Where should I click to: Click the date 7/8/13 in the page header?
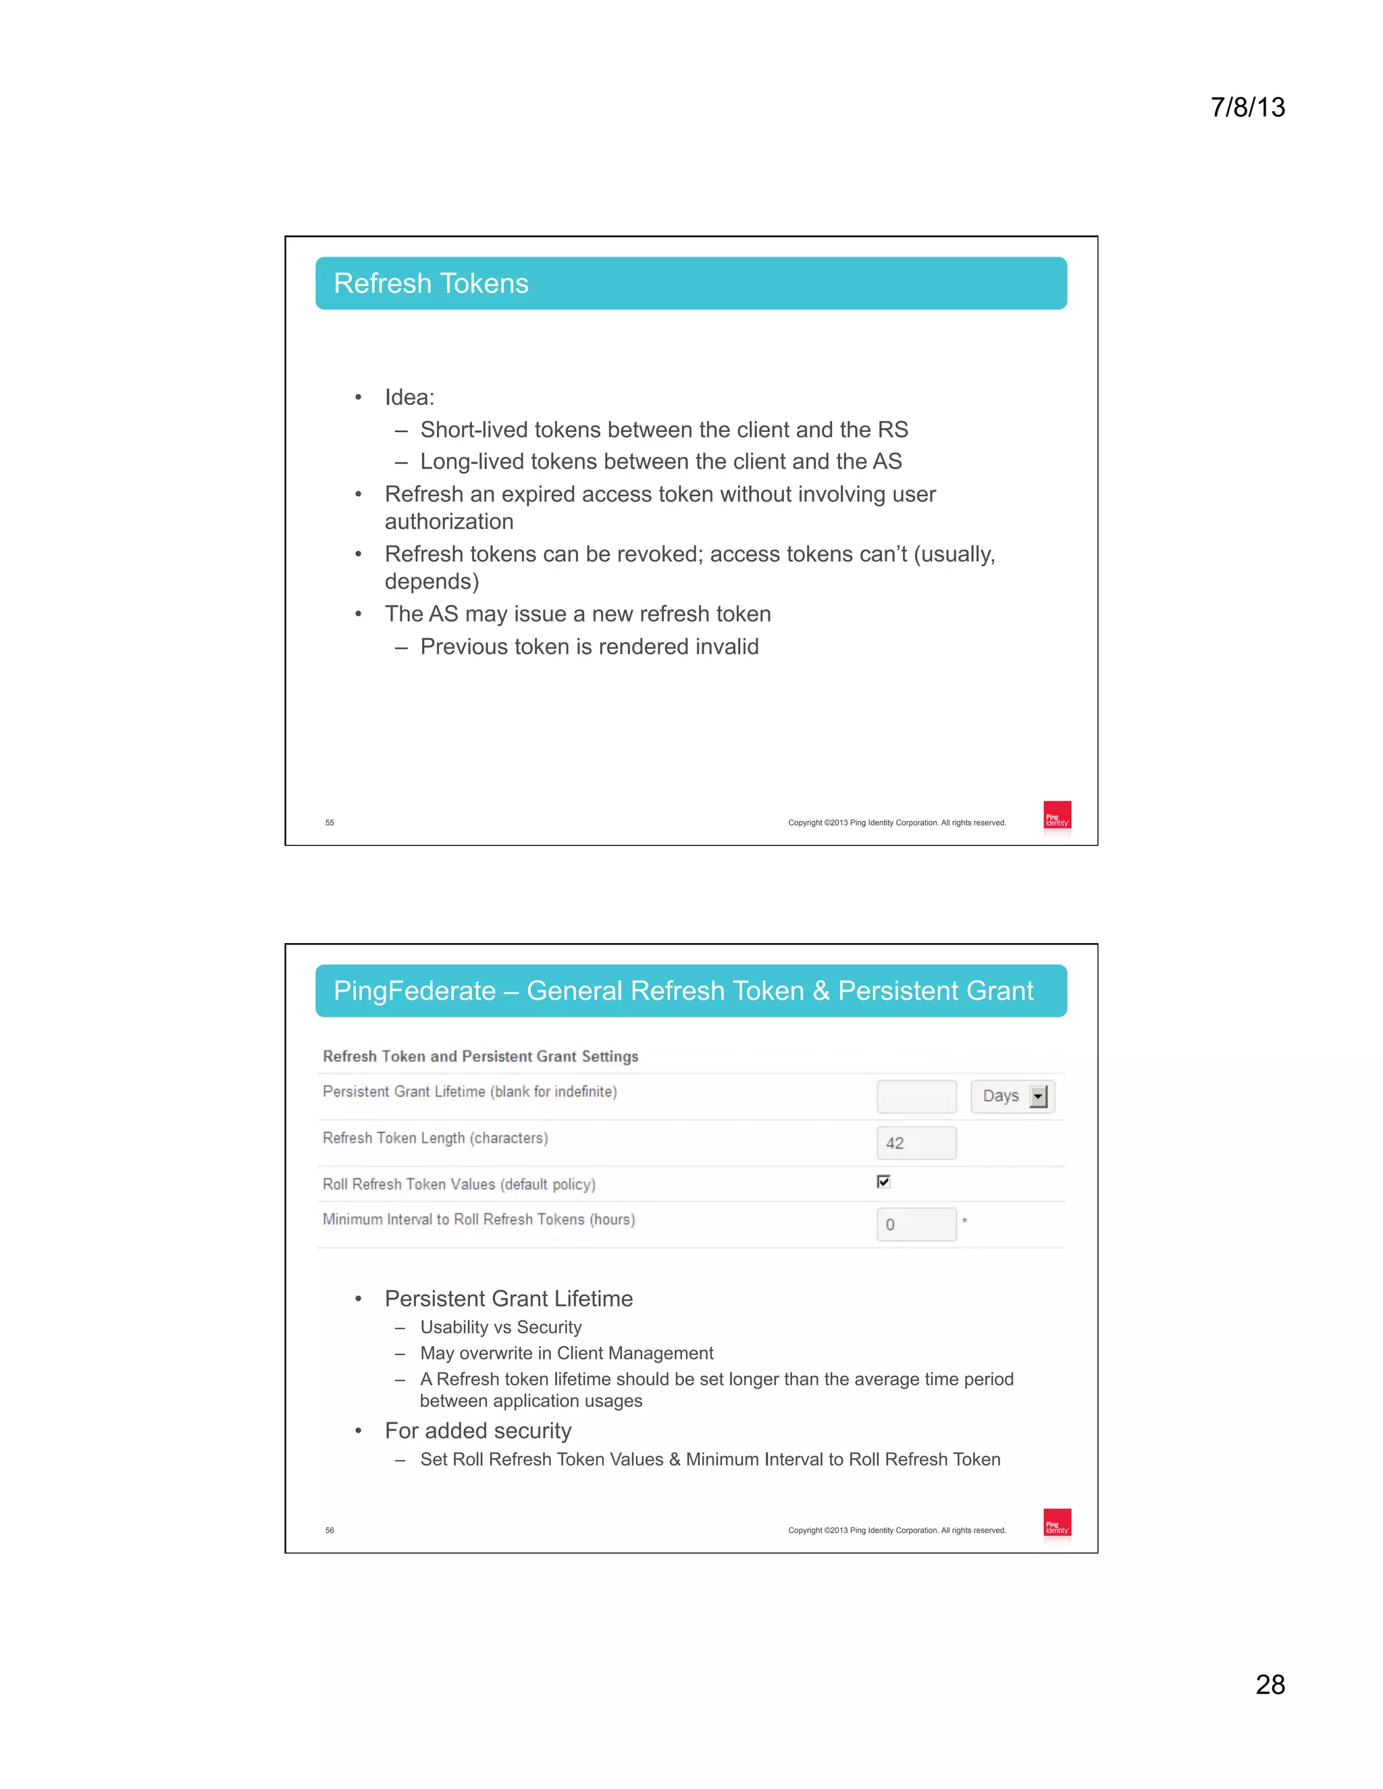[x=1247, y=107]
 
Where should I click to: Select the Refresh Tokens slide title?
[x=431, y=284]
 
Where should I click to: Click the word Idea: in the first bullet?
[x=410, y=397]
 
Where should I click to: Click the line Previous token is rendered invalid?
[x=589, y=647]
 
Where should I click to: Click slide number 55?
[x=330, y=822]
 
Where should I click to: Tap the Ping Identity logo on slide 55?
[x=1057, y=816]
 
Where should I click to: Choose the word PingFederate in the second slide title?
[x=415, y=991]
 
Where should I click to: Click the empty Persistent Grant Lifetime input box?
[x=916, y=1096]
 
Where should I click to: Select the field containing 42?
[x=916, y=1143]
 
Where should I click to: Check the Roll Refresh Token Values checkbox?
[x=883, y=1181]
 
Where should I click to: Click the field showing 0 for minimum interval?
[x=916, y=1225]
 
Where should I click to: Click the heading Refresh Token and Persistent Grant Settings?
[x=480, y=1057]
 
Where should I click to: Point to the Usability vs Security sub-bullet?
[x=500, y=1327]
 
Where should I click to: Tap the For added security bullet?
[x=477, y=1431]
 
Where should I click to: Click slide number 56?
[x=330, y=1530]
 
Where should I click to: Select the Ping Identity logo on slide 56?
[x=1057, y=1524]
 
